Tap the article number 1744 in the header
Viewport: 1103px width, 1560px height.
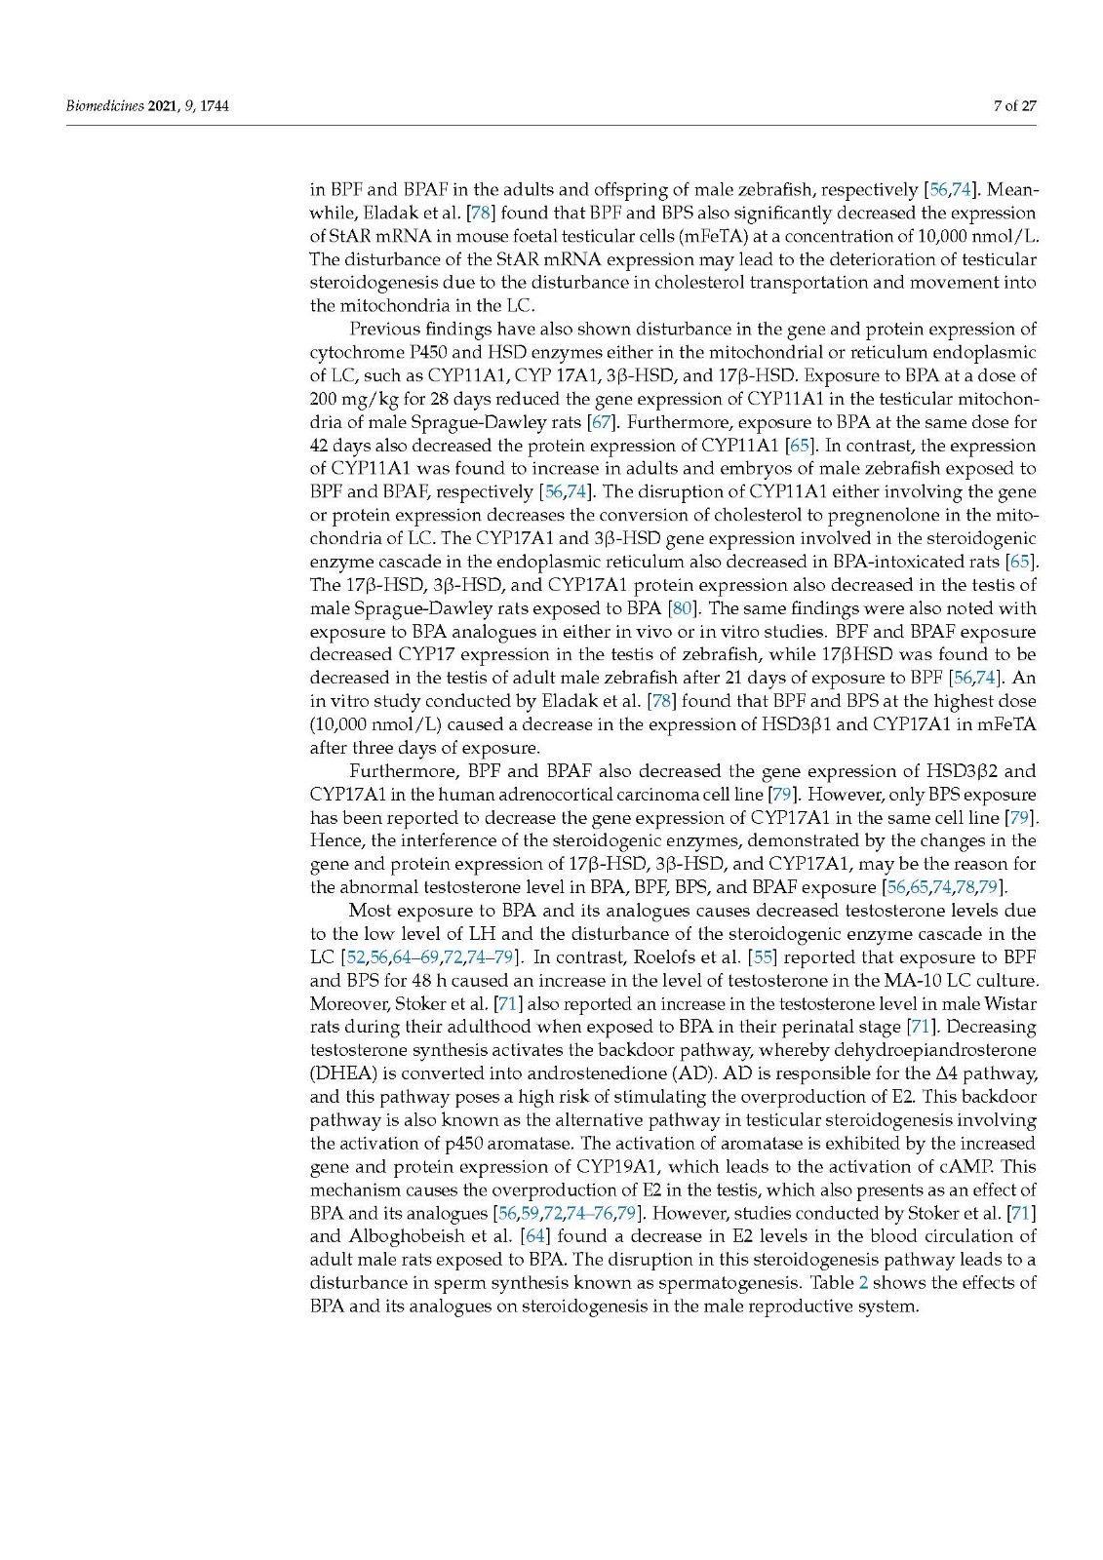click(x=214, y=105)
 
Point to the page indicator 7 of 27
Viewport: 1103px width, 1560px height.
click(x=1014, y=105)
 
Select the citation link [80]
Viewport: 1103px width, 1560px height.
click(x=680, y=608)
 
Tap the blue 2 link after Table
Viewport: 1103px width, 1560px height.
click(x=863, y=1283)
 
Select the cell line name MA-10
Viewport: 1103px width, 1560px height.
click(x=909, y=980)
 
